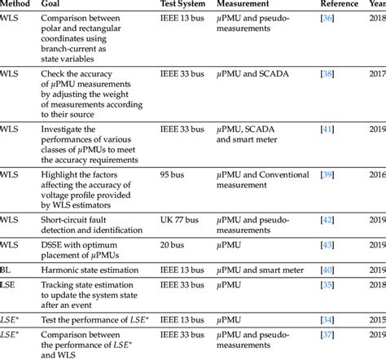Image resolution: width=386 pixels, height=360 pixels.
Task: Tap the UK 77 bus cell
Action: (160, 219)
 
